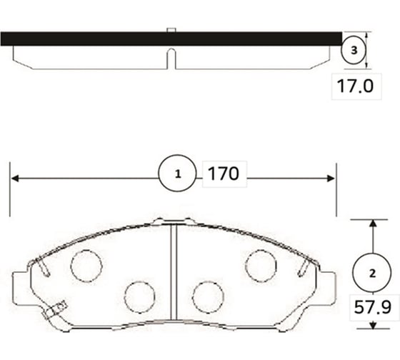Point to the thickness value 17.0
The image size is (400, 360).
point(354,88)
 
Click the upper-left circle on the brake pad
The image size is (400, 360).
point(86,266)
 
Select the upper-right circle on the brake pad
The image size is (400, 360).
point(261,266)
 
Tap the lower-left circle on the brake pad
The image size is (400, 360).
point(139,296)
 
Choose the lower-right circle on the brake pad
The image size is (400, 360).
point(208,296)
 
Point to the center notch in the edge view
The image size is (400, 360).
point(171,59)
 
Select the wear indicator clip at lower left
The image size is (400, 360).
point(53,311)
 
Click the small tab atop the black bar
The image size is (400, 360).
point(171,30)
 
